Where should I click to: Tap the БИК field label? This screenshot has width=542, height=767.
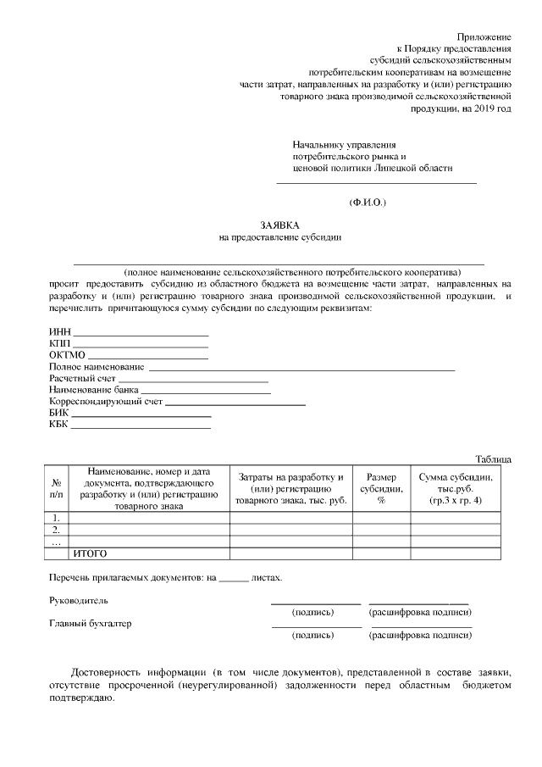58,414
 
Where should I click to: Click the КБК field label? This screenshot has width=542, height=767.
58,425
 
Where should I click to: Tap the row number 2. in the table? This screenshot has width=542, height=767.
56,529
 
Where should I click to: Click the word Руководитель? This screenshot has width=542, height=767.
79,599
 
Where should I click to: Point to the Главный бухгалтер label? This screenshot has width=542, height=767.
91,623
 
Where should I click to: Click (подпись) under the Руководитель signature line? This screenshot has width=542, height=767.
312,612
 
